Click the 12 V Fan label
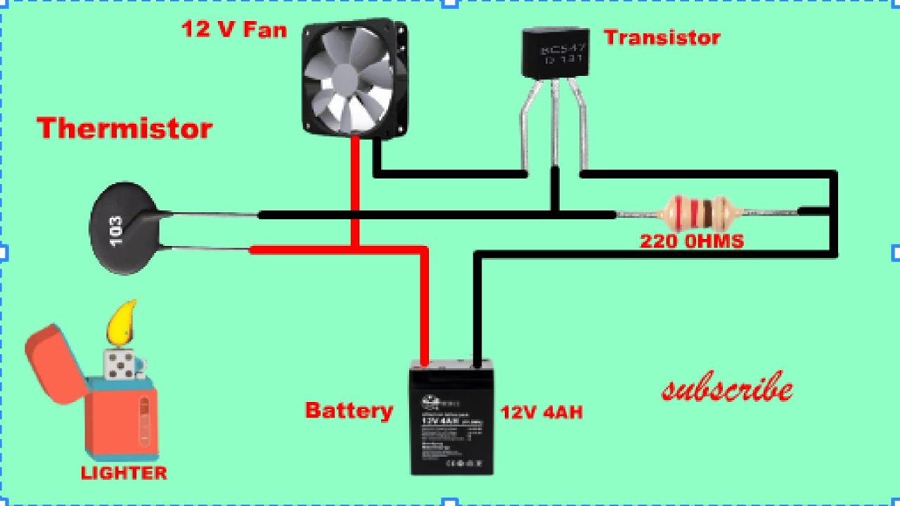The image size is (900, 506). coord(233,30)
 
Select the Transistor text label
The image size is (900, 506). coord(662,37)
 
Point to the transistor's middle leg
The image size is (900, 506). coord(555,123)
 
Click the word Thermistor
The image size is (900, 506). coord(124,129)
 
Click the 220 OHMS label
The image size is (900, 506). coord(691,242)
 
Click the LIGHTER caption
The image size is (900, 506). coord(124,473)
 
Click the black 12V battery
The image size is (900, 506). coord(451,418)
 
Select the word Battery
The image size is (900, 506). coord(349,410)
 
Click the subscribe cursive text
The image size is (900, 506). coord(727,389)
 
